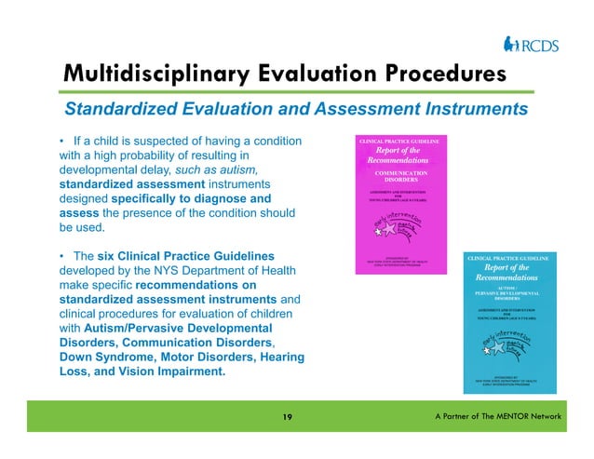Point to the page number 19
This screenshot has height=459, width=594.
click(x=288, y=417)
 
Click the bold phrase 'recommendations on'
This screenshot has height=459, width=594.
click(x=196, y=284)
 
